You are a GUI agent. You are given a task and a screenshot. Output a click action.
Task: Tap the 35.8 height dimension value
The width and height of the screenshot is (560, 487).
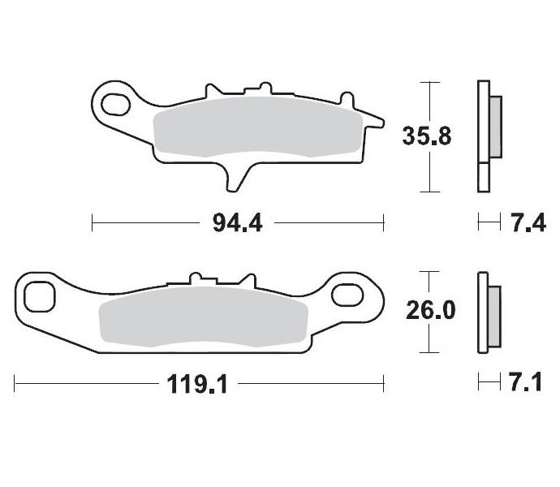[427, 136]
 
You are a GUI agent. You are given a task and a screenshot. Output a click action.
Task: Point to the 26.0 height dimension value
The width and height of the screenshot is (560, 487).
[428, 311]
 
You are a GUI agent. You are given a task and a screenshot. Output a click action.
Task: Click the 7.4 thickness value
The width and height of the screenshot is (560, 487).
[525, 221]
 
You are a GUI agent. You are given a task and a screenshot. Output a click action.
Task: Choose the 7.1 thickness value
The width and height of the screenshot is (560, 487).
[525, 382]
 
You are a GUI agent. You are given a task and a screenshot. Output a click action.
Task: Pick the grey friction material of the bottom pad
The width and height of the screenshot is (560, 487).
[203, 320]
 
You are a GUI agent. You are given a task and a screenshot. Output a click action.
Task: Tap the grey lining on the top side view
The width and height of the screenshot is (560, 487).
[496, 128]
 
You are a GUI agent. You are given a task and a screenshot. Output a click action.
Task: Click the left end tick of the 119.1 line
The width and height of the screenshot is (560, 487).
[15, 382]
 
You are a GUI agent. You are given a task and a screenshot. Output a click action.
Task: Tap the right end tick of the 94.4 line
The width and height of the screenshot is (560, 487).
[382, 221]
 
